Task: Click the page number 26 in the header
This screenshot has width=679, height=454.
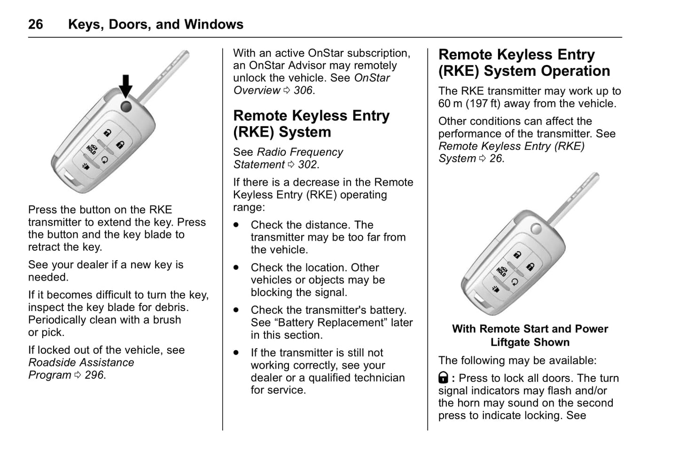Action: pos(36,24)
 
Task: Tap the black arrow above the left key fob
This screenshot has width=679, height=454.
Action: pos(125,86)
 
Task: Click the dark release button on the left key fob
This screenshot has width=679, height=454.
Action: pos(126,106)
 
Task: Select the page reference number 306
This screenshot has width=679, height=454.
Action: pos(303,90)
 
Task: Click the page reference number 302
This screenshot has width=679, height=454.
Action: pos(308,165)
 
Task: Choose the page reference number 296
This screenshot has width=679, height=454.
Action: pos(94,375)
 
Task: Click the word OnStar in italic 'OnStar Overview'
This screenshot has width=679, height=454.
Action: pos(372,78)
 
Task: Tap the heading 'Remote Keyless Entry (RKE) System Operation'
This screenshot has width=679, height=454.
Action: pos(524,63)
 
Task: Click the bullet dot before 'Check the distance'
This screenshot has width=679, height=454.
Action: pos(236,225)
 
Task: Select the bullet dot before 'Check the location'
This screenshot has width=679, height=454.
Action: pos(236,267)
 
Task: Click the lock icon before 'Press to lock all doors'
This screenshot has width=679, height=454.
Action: pos(443,378)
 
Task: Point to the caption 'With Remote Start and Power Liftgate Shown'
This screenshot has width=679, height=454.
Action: pos(530,335)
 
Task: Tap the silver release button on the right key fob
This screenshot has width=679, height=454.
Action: pos(536,229)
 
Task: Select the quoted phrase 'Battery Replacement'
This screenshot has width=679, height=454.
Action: pos(331,323)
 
